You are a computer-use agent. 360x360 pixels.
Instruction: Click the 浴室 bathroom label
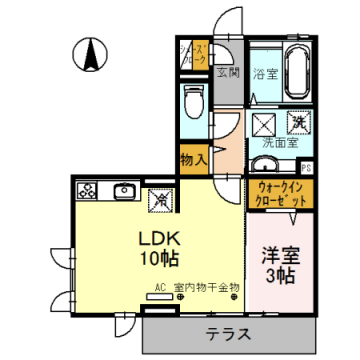click(x=264, y=73)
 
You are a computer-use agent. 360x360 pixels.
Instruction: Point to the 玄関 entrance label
click(x=229, y=72)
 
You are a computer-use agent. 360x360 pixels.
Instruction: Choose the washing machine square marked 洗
click(x=298, y=122)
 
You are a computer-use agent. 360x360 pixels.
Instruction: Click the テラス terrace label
click(x=228, y=331)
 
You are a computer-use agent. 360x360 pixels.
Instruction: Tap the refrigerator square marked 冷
click(x=159, y=198)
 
